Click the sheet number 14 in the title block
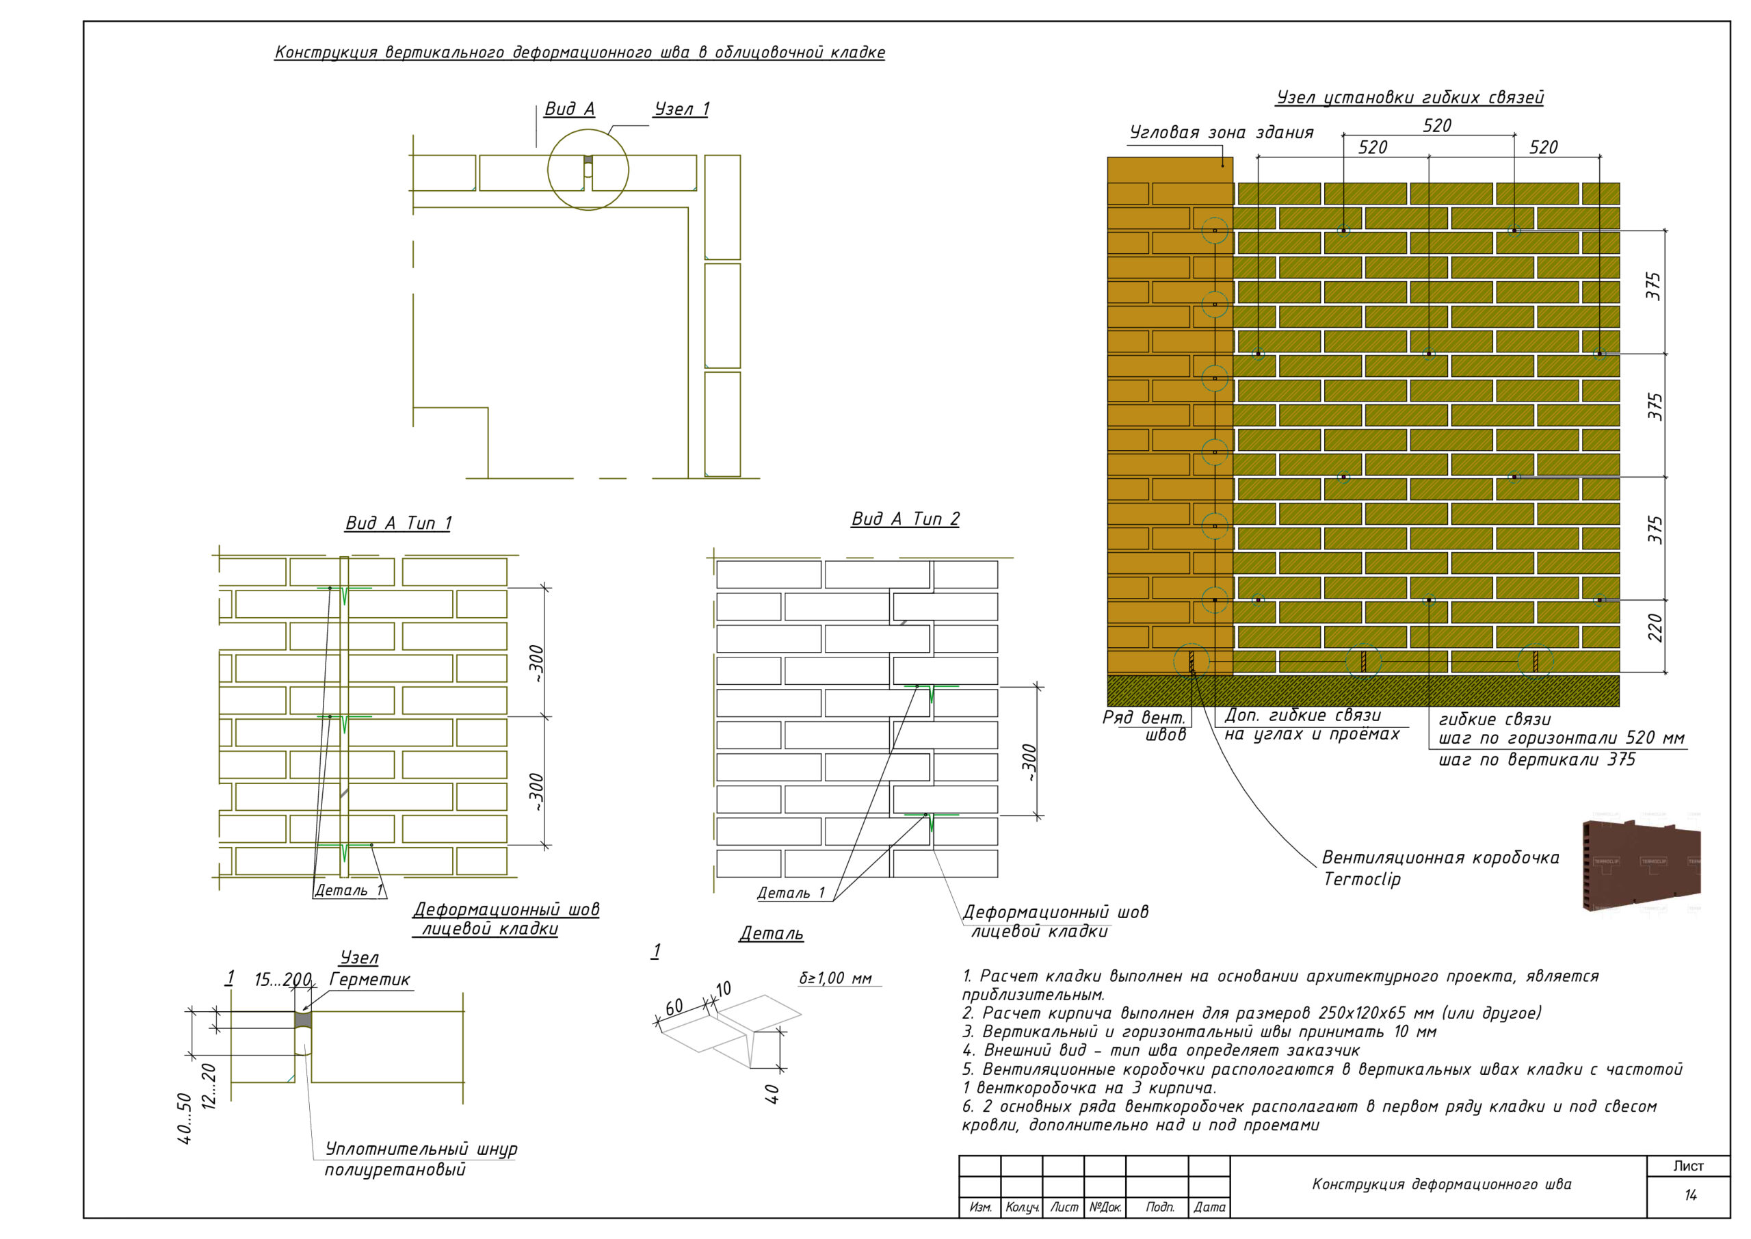pyautogui.click(x=1691, y=1195)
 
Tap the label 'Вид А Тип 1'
pyautogui.click(x=398, y=523)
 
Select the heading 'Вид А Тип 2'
pyautogui.click(x=905, y=519)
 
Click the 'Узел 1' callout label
pyautogui.click(x=682, y=109)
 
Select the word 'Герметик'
pyautogui.click(x=370, y=980)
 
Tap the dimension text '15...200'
pyautogui.click(x=283, y=980)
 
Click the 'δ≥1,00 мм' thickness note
pyautogui.click(x=835, y=978)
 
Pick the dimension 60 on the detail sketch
pyautogui.click(x=674, y=1007)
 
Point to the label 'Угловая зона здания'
pyautogui.click(x=1221, y=132)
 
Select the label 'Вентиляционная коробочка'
pyautogui.click(x=1440, y=857)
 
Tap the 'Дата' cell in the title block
pyautogui.click(x=1209, y=1207)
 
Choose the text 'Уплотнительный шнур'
pyautogui.click(x=421, y=1149)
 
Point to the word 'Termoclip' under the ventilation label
pyautogui.click(x=1362, y=879)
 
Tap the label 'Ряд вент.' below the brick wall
pyautogui.click(x=1144, y=717)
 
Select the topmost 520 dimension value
pyautogui.click(x=1437, y=125)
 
